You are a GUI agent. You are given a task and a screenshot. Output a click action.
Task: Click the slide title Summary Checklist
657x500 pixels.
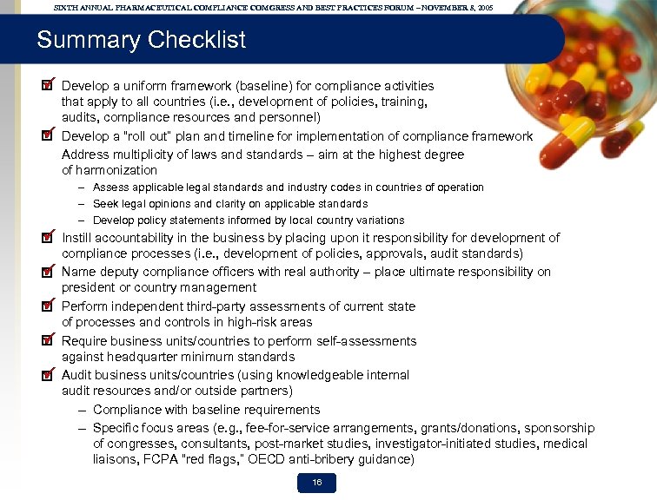(x=141, y=40)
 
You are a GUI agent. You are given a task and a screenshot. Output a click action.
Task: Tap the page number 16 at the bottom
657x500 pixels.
(x=316, y=483)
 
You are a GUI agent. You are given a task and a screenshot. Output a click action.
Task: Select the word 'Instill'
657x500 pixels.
(x=79, y=237)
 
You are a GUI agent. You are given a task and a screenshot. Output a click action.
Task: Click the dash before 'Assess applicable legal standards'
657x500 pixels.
(x=81, y=187)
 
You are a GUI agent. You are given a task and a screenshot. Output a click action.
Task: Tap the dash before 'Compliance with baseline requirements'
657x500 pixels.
(x=81, y=410)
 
